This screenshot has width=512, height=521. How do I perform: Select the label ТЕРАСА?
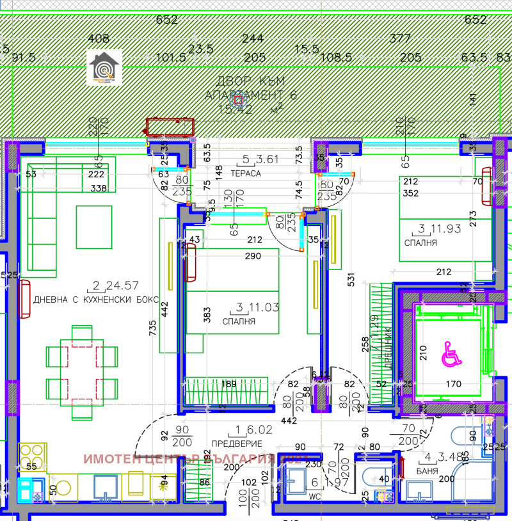(245, 173)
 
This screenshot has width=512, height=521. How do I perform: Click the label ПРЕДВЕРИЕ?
(237, 443)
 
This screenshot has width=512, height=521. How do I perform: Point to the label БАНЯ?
(426, 470)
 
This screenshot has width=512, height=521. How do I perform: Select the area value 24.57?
(121, 286)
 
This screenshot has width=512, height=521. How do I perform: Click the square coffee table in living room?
(95, 227)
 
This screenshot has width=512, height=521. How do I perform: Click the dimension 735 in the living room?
(152, 328)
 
